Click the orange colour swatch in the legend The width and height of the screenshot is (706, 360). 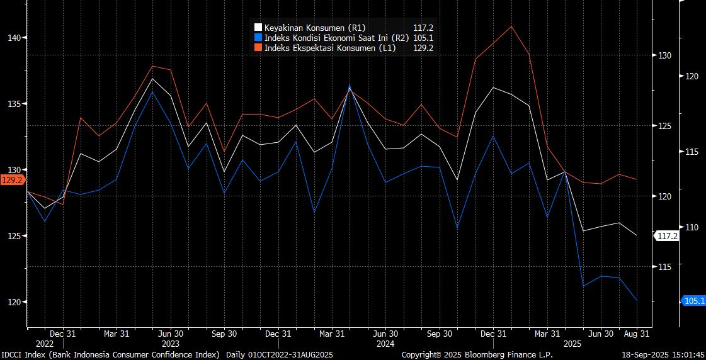point(258,48)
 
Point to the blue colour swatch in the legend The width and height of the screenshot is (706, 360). point(258,38)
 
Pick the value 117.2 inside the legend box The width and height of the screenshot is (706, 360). point(423,28)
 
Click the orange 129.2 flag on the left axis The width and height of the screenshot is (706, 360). point(12,180)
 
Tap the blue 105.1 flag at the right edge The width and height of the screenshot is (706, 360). point(693,301)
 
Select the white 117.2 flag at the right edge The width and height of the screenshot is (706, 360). point(667,236)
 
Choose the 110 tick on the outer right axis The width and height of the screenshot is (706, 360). point(692,227)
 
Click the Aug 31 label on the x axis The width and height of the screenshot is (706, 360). point(637,334)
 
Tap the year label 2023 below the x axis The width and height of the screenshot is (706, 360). point(171,344)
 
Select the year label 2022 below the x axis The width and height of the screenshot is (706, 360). point(45,344)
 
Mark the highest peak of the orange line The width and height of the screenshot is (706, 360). point(511,26)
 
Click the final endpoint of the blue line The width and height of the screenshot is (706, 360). point(637,300)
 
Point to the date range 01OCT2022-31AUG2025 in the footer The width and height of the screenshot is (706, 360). point(292,355)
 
